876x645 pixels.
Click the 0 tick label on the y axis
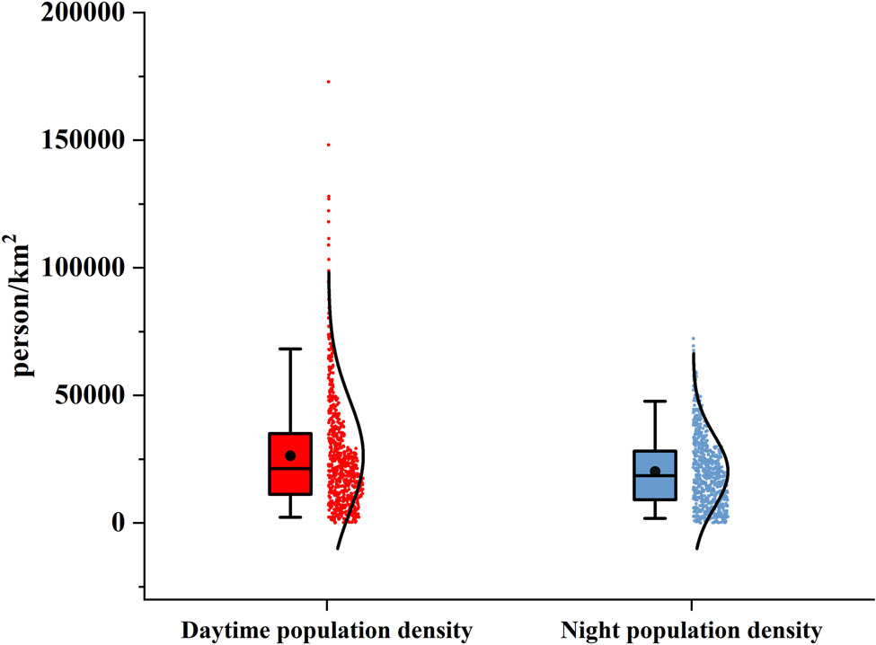115,523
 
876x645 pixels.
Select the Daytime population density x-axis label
326,631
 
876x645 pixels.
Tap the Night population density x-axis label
691,631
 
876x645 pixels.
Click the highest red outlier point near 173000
328,82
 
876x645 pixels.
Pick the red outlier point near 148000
328,145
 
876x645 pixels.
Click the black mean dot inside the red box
290,456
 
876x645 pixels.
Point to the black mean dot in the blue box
655,472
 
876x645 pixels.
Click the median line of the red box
290,468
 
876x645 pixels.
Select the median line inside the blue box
655,475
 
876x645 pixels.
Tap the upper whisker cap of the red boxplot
290,349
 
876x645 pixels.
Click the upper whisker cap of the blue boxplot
655,402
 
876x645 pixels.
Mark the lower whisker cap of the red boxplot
290,517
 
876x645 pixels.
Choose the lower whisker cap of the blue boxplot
655,518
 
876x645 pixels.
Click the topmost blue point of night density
693,339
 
